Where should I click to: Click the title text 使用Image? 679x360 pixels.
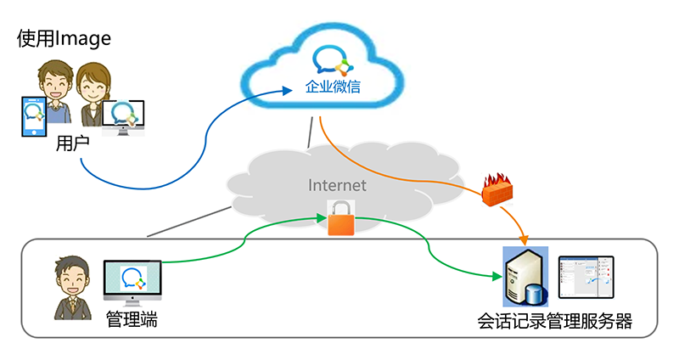click(x=65, y=39)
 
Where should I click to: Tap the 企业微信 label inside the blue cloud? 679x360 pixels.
click(x=333, y=87)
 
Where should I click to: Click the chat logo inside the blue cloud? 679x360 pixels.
click(x=333, y=60)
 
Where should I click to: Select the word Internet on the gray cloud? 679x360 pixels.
click(x=337, y=185)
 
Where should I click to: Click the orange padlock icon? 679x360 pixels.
click(x=341, y=218)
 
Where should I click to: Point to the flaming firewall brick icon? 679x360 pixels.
click(x=497, y=188)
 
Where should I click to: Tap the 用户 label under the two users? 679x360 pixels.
click(x=72, y=143)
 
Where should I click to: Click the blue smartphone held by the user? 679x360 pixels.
click(x=34, y=116)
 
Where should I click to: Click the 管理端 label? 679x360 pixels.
click(x=132, y=320)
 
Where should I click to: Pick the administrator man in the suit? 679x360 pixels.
click(x=73, y=288)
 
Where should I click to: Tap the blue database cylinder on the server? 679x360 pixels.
click(x=536, y=295)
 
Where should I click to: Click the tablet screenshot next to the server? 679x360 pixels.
click(x=586, y=277)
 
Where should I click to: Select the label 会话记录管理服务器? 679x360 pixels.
click(x=555, y=322)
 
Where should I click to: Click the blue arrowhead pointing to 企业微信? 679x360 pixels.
click(x=287, y=91)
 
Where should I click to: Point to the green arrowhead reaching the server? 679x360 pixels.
click(x=498, y=276)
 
